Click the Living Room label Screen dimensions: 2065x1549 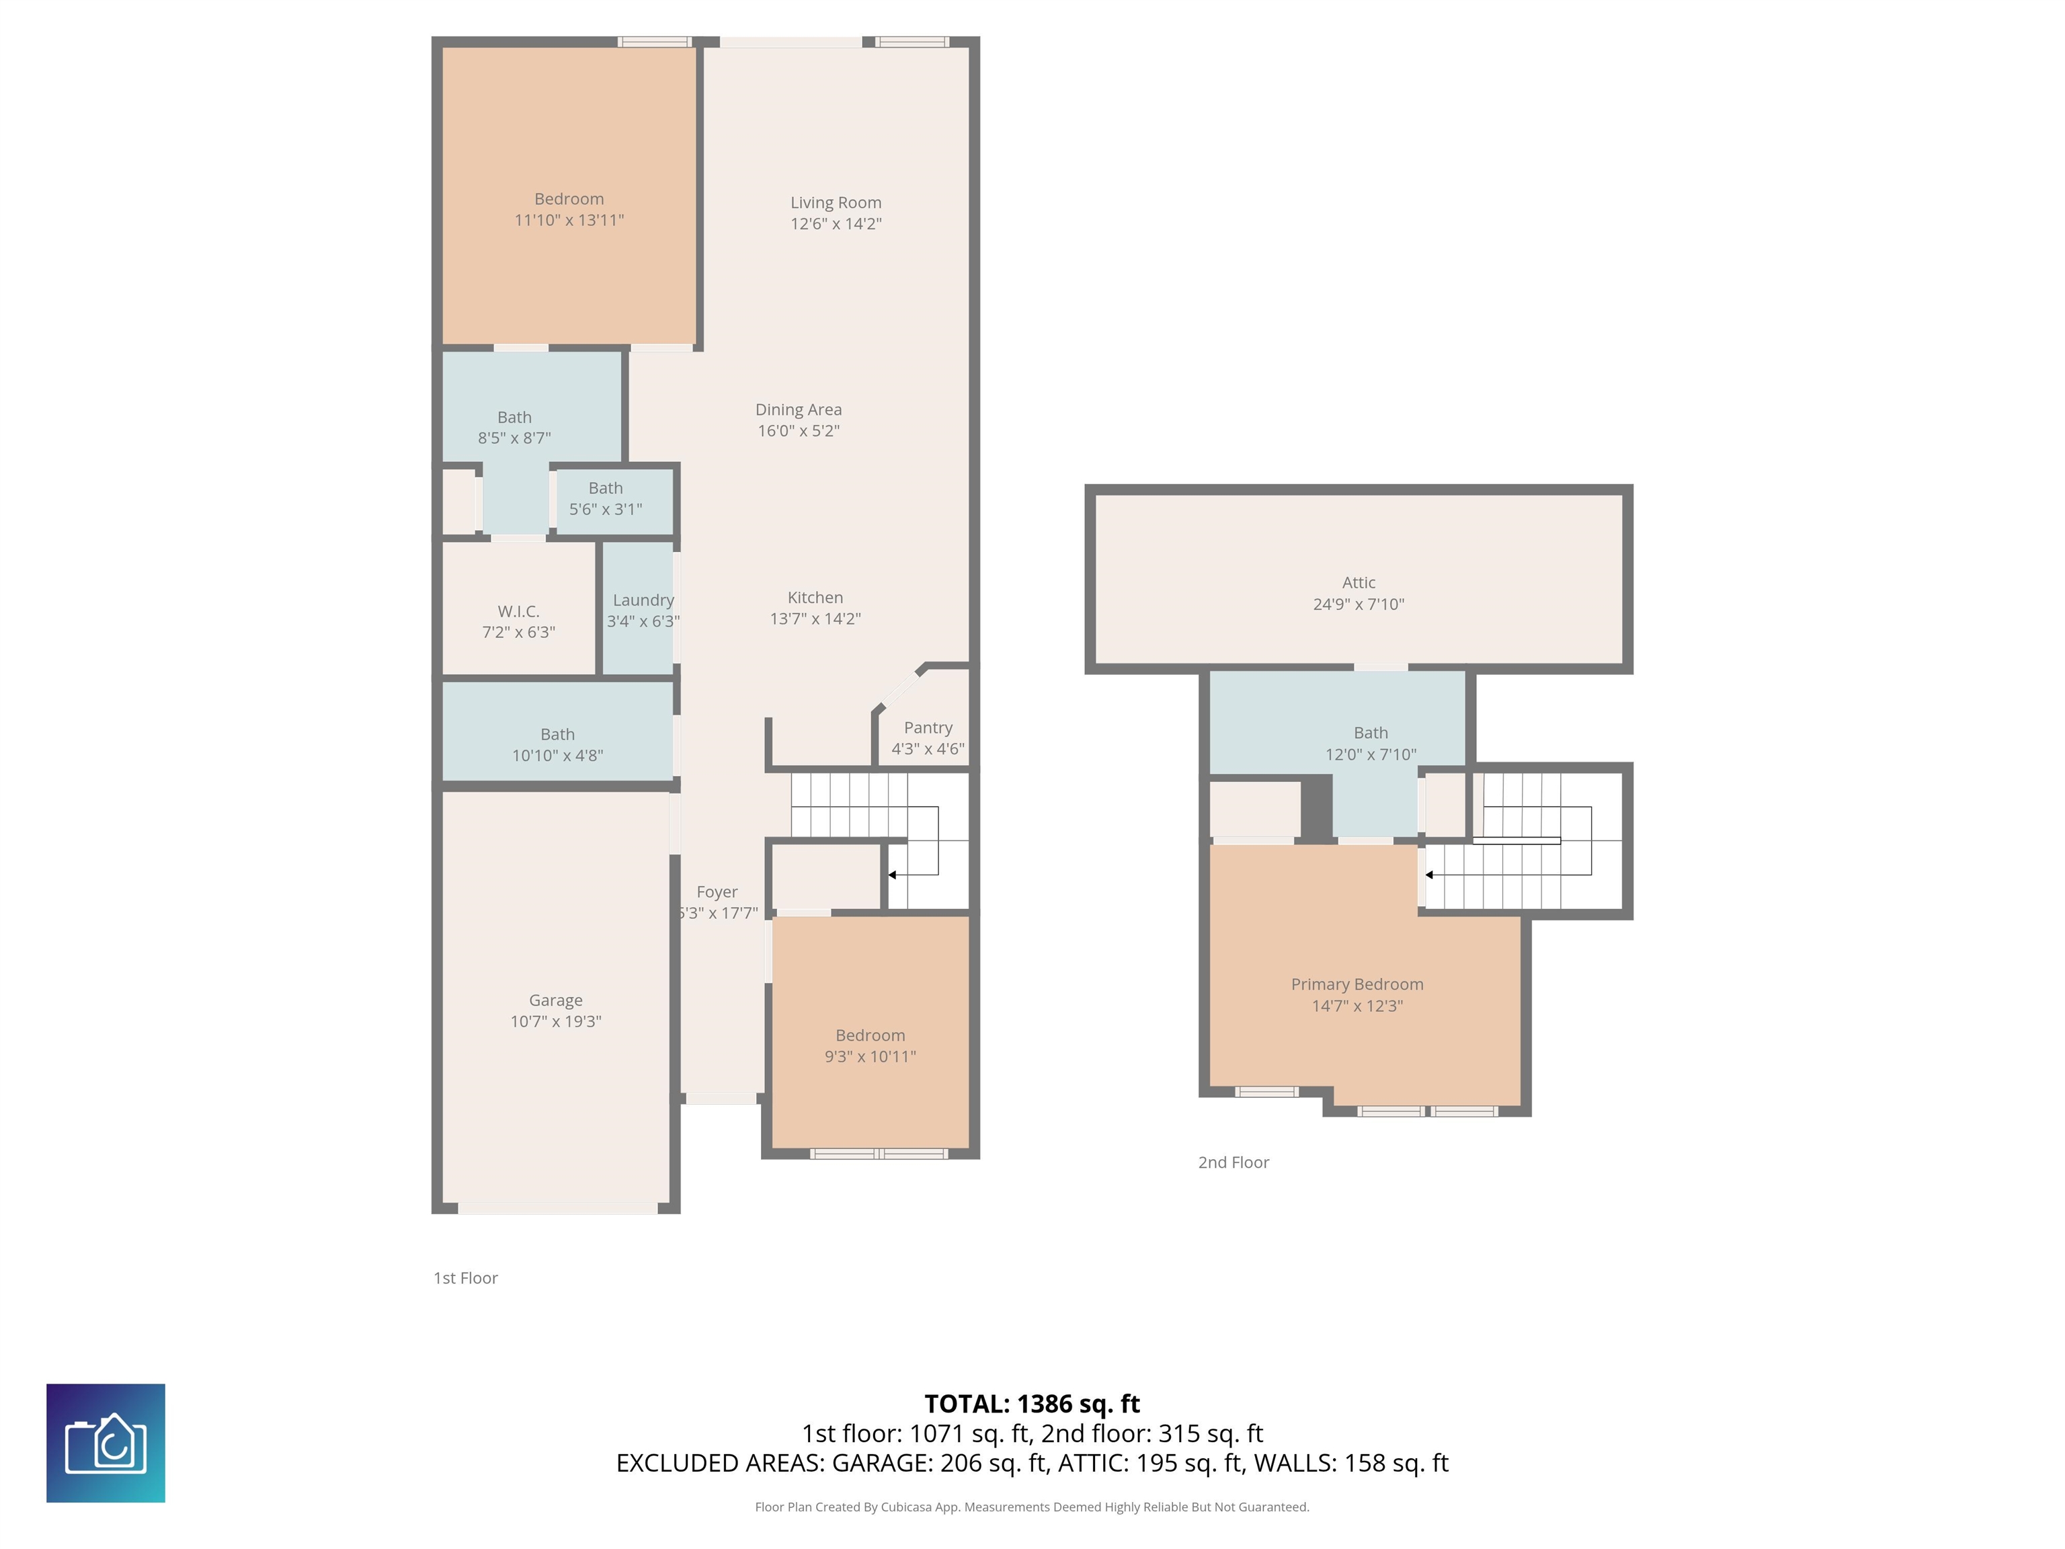coord(836,202)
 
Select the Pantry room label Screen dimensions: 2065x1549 coord(928,727)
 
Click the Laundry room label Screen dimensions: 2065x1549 coord(643,600)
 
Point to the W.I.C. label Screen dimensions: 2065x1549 coord(518,612)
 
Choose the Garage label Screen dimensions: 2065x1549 coord(555,1000)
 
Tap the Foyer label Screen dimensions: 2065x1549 coord(717,891)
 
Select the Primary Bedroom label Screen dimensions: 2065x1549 coord(1357,984)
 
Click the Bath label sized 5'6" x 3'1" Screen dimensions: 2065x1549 coord(606,488)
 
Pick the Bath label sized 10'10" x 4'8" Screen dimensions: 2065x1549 coord(557,735)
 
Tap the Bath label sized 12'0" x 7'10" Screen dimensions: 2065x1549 coord(1371,733)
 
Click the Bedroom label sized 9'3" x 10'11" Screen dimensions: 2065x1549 coord(870,1035)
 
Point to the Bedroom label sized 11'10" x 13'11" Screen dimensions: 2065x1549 coord(569,199)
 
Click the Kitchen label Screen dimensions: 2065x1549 coord(815,598)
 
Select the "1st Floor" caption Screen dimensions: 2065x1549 coord(465,1278)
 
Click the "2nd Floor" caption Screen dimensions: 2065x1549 coord(1233,1162)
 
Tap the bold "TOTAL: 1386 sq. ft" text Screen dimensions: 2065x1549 coord(1032,1403)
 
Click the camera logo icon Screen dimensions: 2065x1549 coord(106,1443)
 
